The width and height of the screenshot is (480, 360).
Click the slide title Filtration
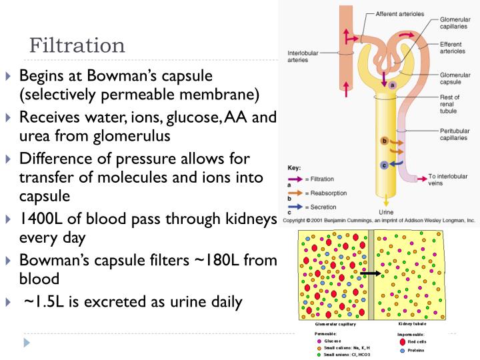click(77, 45)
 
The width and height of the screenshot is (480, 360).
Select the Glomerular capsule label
click(455, 79)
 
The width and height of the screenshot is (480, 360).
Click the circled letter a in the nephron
click(392, 85)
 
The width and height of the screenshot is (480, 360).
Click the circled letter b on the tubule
click(383, 140)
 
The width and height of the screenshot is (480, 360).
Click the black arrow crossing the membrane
click(370, 273)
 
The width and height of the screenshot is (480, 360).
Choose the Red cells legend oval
click(402, 341)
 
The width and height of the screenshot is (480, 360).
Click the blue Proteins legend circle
click(402, 350)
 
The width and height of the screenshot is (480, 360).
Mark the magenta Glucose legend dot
click(319, 340)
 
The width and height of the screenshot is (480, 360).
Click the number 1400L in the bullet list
click(43, 219)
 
